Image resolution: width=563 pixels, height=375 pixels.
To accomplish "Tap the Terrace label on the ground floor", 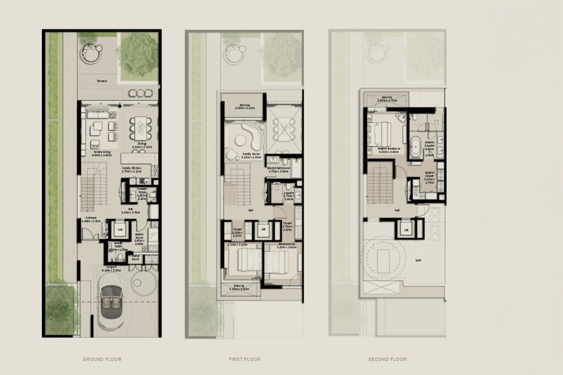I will (102, 81).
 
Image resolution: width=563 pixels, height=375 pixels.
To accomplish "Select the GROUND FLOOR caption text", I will (102, 359).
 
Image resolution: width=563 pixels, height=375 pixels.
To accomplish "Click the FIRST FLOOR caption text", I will (245, 359).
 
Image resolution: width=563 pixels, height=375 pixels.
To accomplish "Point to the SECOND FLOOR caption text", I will (388, 359).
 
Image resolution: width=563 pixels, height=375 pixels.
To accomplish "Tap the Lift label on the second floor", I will (406, 230).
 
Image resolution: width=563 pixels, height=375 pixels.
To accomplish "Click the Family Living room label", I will (103, 154).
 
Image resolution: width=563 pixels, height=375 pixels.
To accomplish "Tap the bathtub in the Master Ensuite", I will (416, 148).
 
